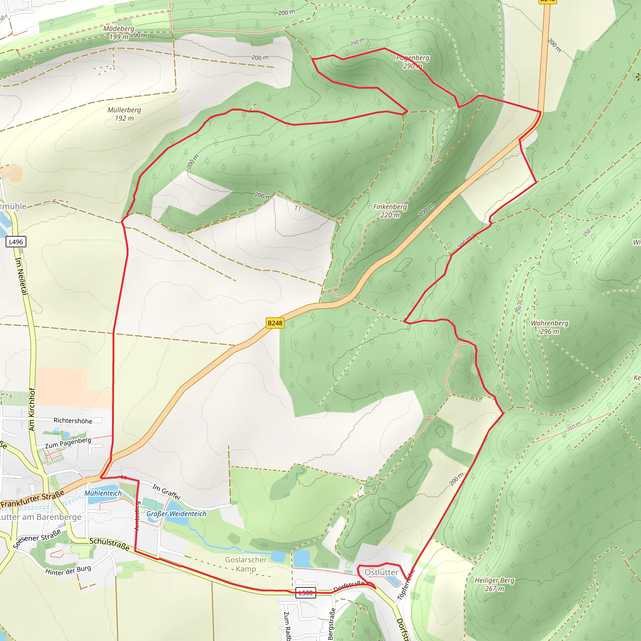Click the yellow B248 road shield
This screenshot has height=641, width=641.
275,323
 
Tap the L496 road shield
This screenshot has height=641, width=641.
16,242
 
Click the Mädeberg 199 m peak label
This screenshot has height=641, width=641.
118,33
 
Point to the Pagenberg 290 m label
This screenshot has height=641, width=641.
413,62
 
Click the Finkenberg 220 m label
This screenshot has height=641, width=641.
390,211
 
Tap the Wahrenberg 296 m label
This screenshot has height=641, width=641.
549,327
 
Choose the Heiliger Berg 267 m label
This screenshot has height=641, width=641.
494,584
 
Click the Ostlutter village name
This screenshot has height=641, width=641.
381,572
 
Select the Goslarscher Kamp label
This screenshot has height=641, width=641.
246,564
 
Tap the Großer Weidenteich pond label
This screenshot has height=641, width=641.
176,514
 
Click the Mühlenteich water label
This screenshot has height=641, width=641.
103,493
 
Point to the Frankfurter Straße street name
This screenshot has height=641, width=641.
32,500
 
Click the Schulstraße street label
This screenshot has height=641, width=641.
110,544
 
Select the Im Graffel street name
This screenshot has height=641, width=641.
167,492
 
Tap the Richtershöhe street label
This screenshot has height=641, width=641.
73,421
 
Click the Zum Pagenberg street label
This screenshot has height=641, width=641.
68,443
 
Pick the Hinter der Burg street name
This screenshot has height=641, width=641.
68,570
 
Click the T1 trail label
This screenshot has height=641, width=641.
298,208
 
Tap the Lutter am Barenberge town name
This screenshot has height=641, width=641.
40,517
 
